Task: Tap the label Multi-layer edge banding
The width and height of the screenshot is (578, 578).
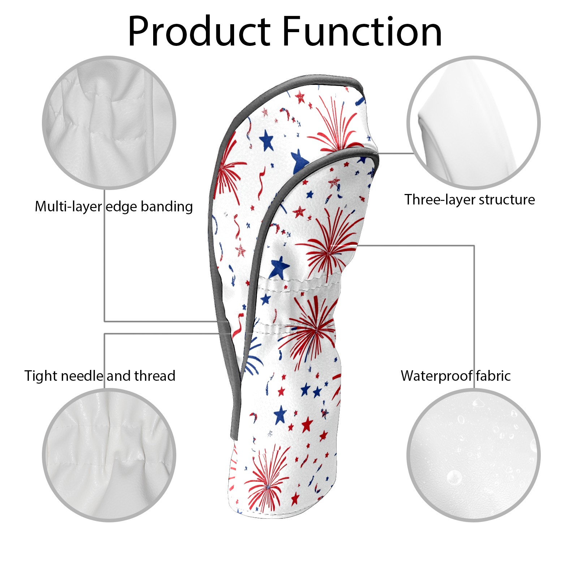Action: pos(114,207)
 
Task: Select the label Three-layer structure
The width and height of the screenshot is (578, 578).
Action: pos(470,199)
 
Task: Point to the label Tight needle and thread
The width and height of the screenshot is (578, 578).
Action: pos(100,376)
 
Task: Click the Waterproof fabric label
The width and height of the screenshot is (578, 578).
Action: pos(456,376)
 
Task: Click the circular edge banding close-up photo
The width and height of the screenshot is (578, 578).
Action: pos(109,122)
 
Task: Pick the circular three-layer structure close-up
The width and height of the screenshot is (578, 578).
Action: pos(473,122)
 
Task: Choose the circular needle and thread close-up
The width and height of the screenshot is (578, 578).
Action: pos(109,455)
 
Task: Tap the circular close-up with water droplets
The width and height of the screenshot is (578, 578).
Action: pos(473,455)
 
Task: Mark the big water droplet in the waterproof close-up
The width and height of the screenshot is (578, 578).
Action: pos(454,478)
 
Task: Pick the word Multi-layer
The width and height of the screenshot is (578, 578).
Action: pos(68,207)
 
